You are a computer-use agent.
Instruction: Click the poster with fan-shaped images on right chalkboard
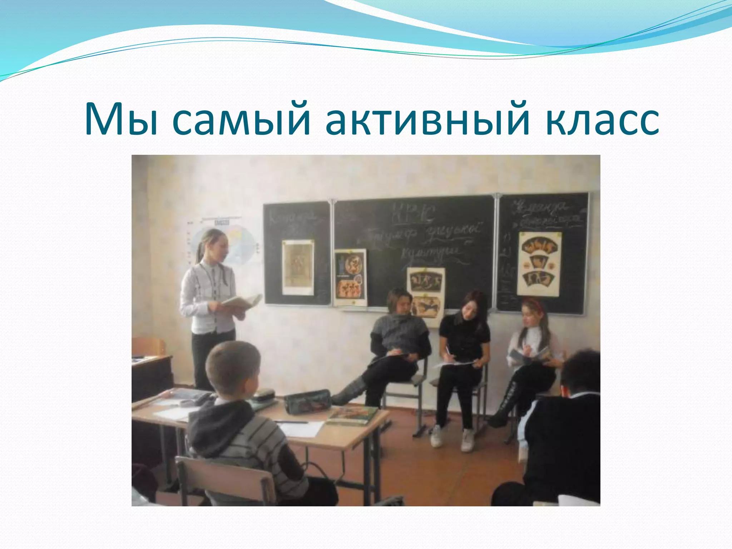point(539,263)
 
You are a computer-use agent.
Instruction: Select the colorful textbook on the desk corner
point(352,416)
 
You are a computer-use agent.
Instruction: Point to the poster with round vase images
point(350,277)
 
